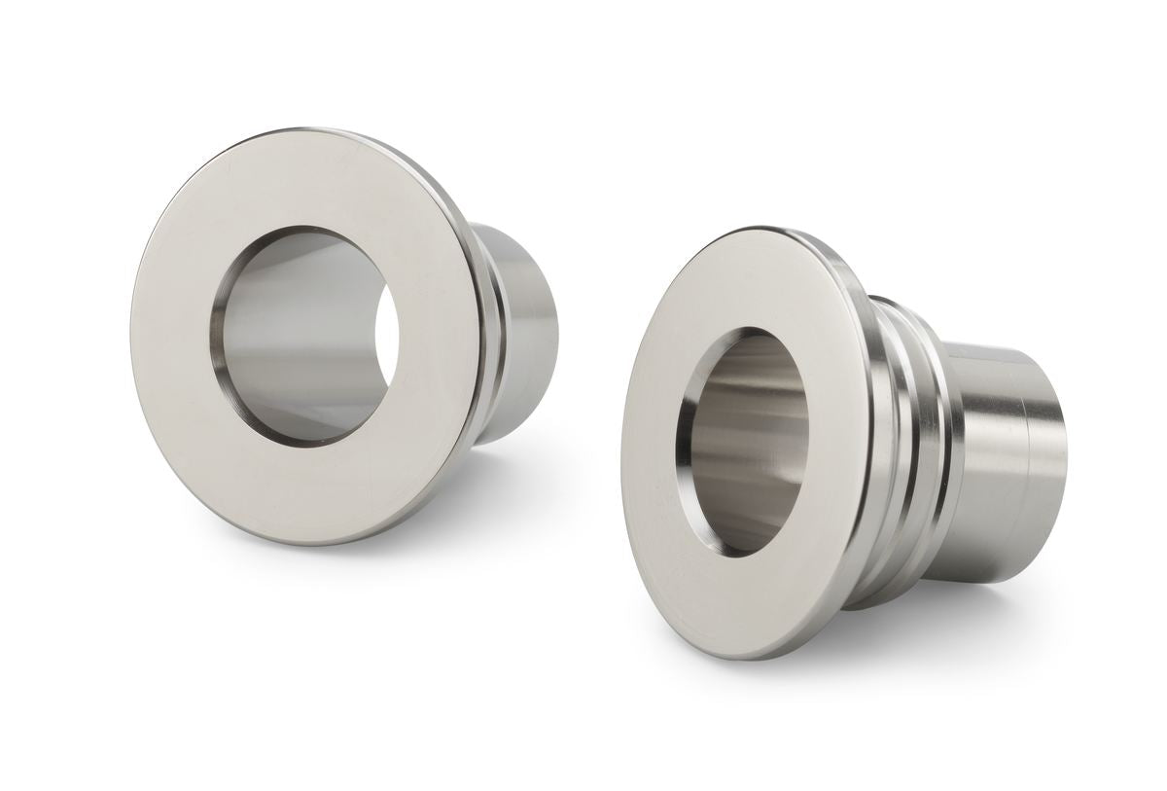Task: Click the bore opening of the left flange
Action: point(306,336)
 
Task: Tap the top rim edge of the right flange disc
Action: point(749,230)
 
